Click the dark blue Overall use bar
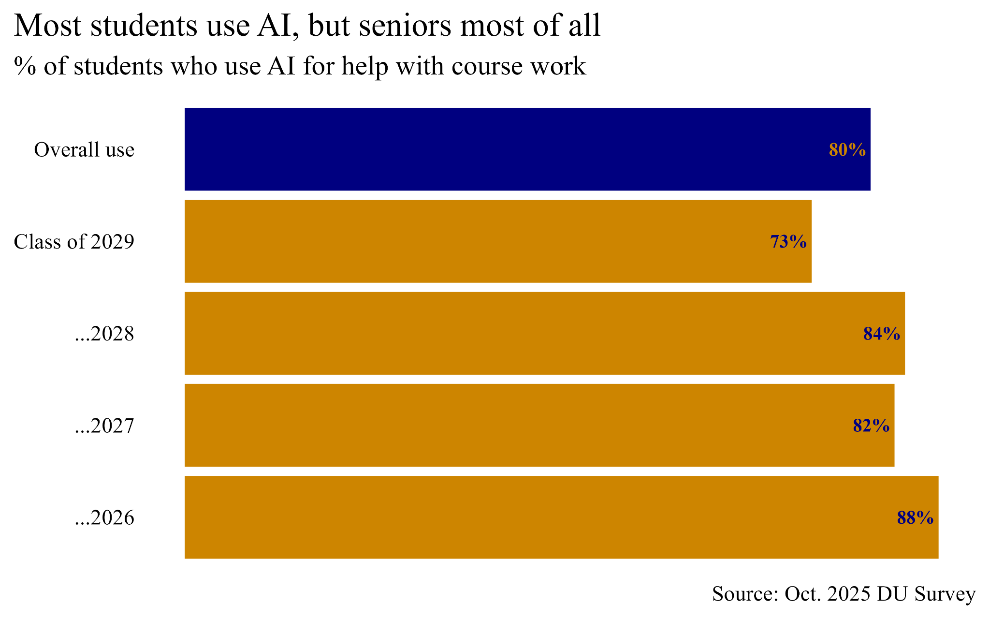pos(527,149)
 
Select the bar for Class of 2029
pos(498,241)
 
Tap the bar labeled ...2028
pos(544,333)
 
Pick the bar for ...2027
pos(539,425)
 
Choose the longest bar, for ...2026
pos(561,517)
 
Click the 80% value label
pos(847,150)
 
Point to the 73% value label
pos(788,242)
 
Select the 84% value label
pos(881,334)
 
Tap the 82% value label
pos(871,426)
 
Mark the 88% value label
pos(915,518)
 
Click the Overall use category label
pos(84,150)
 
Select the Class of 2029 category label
pos(74,242)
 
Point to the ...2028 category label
pos(104,334)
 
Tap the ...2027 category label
pos(104,426)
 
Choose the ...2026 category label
pos(104,518)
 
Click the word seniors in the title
pos(405,26)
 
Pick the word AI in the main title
pos(277,26)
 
